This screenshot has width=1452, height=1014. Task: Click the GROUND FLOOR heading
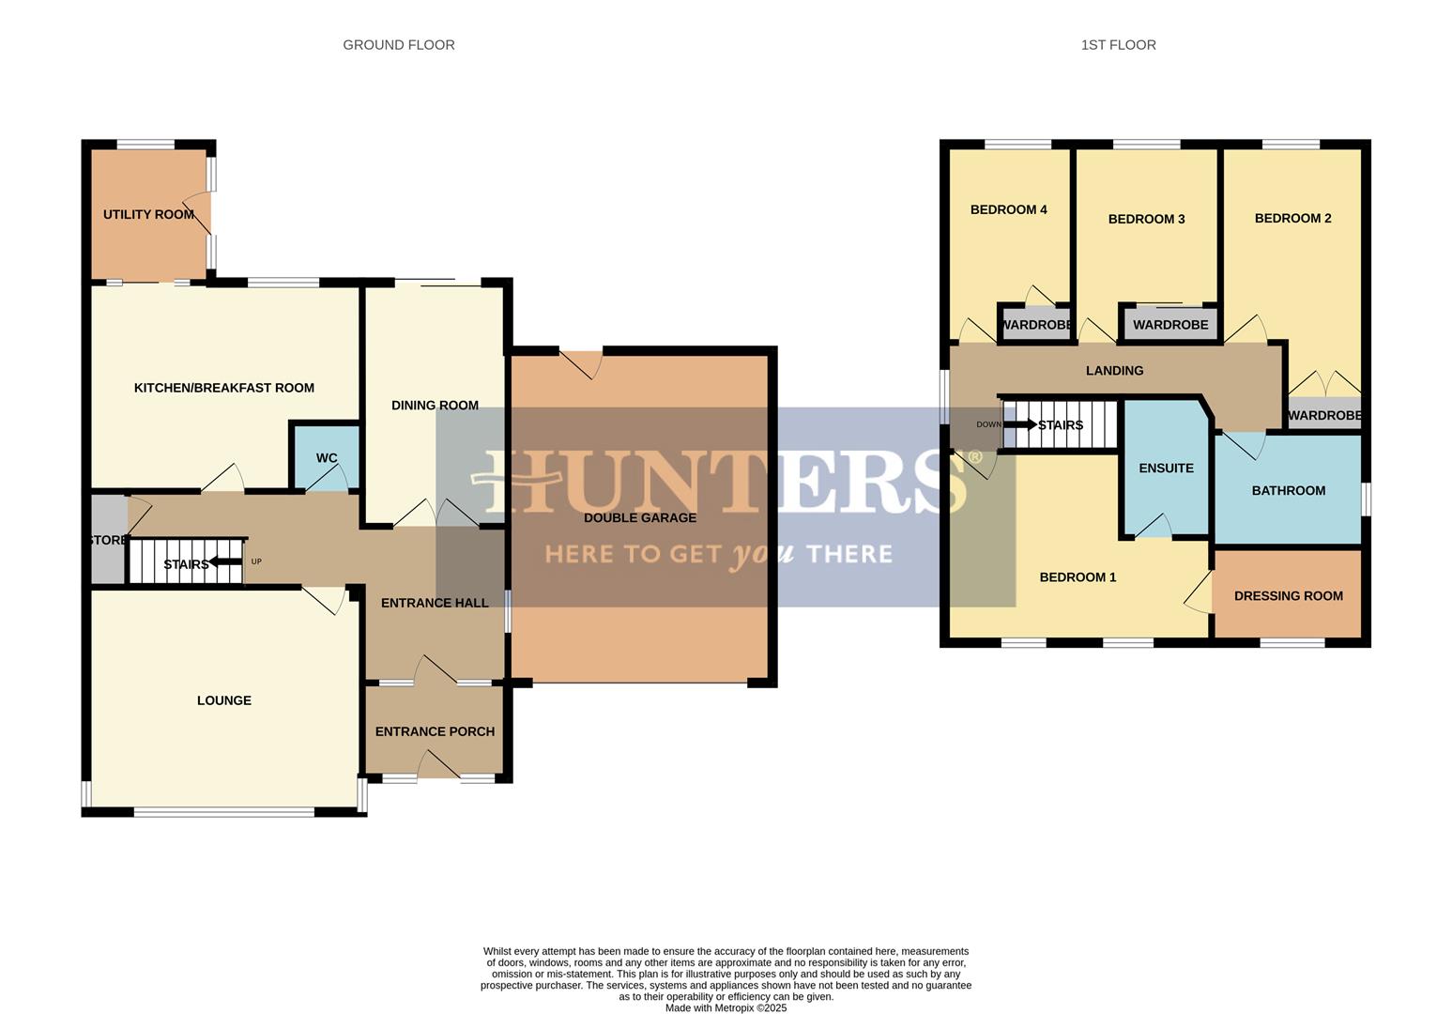click(x=398, y=45)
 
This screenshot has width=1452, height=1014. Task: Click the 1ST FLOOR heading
click(x=1118, y=45)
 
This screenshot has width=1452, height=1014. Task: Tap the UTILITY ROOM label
click(x=148, y=215)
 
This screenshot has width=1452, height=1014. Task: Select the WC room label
click(x=327, y=458)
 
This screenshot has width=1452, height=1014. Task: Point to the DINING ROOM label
click(x=435, y=406)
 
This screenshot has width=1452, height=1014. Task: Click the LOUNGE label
click(x=224, y=700)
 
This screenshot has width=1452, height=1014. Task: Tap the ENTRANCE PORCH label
click(x=435, y=731)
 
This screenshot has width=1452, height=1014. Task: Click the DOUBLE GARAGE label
click(x=640, y=517)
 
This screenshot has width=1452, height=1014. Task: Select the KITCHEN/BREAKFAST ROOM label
click(x=224, y=388)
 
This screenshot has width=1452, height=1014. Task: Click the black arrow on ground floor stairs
click(x=225, y=562)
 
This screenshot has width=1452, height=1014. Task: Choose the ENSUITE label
click(x=1166, y=469)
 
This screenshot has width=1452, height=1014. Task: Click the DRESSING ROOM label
click(x=1288, y=596)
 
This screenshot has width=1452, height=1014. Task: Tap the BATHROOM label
click(x=1288, y=490)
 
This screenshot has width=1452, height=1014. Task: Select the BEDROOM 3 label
click(x=1146, y=220)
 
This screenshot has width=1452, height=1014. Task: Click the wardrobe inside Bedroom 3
click(x=1169, y=325)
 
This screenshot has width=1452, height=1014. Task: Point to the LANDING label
click(x=1114, y=371)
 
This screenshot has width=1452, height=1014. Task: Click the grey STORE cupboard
click(x=108, y=540)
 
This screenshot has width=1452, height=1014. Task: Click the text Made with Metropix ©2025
click(x=726, y=1008)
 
